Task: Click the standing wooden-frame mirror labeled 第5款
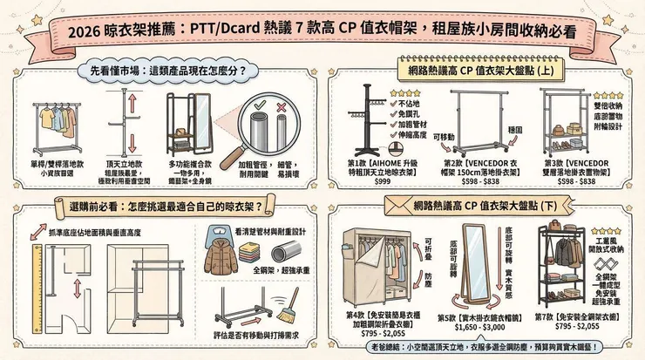[x=478, y=262]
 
